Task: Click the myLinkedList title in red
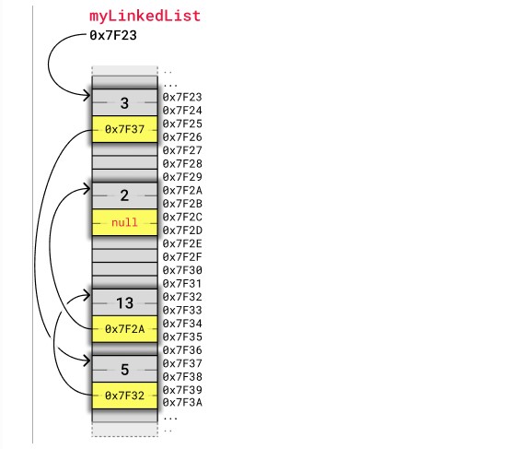tap(145, 16)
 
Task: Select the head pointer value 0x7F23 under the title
tap(113, 35)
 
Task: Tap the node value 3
tap(124, 103)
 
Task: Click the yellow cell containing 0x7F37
tap(125, 129)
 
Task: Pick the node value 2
tap(124, 195)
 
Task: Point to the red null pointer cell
tap(125, 222)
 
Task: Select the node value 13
tap(125, 303)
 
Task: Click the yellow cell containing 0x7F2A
tap(125, 329)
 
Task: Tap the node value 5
tap(125, 370)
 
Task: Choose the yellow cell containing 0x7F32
tap(125, 396)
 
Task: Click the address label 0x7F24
tap(182, 111)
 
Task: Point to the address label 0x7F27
tap(182, 150)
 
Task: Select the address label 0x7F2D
tap(182, 230)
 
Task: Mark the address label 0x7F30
tap(182, 270)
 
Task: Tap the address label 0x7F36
tap(182, 350)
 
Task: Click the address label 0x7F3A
tap(182, 403)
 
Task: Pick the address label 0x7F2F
tap(182, 257)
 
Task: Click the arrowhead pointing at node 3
tap(87, 96)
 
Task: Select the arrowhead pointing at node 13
tap(87, 295)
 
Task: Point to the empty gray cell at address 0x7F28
tap(125, 162)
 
